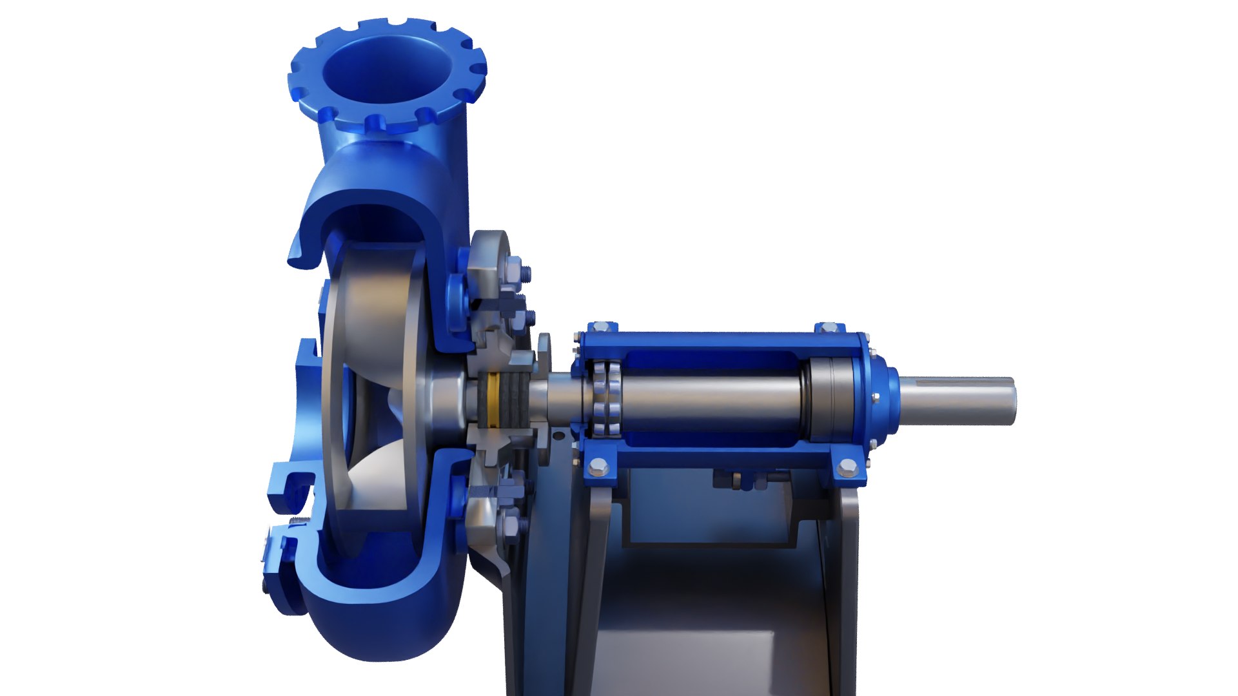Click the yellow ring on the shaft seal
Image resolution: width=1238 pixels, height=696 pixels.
494,400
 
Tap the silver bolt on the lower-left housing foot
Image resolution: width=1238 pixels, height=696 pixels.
598,466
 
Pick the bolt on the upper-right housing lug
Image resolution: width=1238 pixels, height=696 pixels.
829,327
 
